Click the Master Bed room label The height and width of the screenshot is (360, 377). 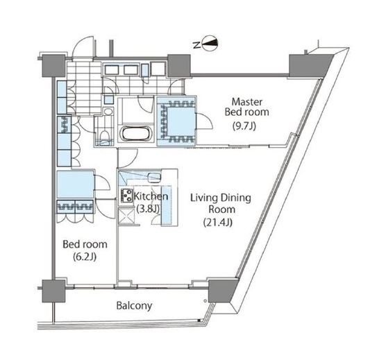[246, 107]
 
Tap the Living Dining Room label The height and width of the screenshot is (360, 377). [221, 203]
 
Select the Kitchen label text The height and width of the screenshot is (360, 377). [151, 196]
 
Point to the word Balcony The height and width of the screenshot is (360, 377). [134, 306]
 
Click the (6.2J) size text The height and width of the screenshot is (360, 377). [85, 257]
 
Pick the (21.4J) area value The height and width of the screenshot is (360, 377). [218, 223]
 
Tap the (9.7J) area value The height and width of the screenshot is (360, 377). [244, 126]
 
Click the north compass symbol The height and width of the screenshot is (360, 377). [210, 44]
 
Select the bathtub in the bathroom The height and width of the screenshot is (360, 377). [136, 134]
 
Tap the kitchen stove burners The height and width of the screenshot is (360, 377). [126, 196]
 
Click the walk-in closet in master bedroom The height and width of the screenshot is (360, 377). [177, 121]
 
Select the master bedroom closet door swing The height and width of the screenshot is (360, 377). [205, 121]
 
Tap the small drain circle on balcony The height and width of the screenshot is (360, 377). [205, 300]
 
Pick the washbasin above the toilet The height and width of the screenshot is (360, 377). [108, 112]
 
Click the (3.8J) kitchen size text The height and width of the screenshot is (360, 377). [148, 209]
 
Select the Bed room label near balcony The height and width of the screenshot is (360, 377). [85, 244]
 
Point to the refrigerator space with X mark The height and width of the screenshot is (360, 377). [126, 216]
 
